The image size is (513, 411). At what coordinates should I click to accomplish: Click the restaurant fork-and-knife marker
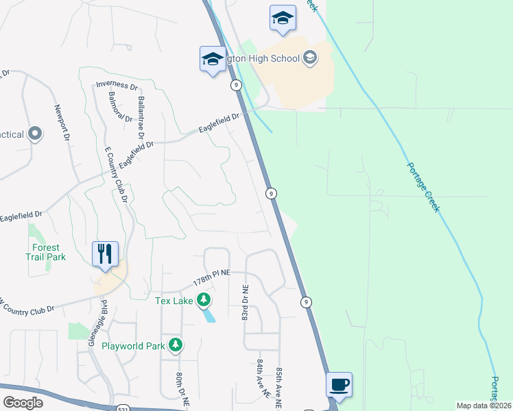click(x=105, y=253)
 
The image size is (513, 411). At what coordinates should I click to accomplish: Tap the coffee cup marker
click(x=338, y=385)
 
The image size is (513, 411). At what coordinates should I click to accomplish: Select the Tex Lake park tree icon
click(x=204, y=299)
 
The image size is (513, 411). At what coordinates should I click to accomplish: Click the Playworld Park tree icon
click(x=176, y=345)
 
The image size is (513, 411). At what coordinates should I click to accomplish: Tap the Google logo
click(x=23, y=402)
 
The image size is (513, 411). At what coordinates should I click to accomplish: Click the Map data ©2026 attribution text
click(x=484, y=406)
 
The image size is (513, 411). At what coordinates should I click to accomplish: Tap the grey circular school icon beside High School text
click(x=310, y=58)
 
